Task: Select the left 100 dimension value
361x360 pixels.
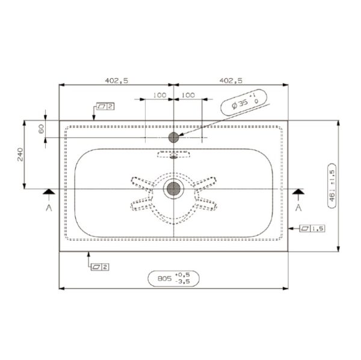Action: (159, 95)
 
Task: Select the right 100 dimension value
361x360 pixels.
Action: (188, 95)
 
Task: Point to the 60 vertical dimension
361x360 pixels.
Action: (41, 128)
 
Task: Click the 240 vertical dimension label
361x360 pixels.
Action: (19, 155)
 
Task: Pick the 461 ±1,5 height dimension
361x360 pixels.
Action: (332, 185)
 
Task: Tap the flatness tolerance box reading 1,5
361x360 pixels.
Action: (313, 228)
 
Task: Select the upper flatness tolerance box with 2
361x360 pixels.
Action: (105, 106)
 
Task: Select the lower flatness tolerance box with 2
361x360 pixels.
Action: (98, 266)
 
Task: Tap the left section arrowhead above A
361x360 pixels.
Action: (48, 191)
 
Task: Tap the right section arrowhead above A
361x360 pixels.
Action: (298, 191)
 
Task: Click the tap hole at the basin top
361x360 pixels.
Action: (174, 137)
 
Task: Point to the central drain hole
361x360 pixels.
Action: (173, 188)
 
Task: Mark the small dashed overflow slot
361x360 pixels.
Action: (173, 155)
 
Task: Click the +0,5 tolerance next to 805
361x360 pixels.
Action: (182, 275)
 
